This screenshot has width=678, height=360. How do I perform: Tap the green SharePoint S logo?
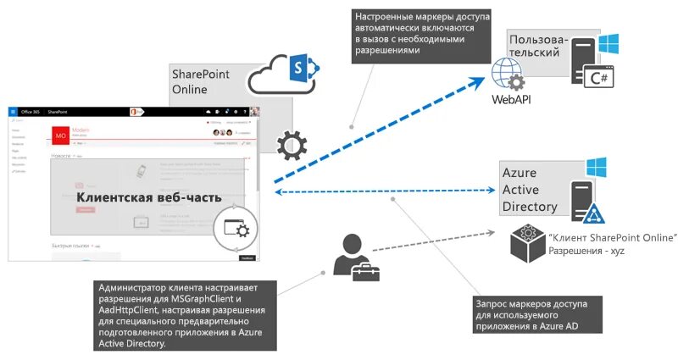click(x=301, y=67)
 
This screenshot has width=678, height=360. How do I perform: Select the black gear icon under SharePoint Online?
click(x=292, y=145)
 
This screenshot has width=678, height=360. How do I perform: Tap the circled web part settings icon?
click(x=236, y=227)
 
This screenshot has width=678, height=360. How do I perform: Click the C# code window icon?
click(x=603, y=77)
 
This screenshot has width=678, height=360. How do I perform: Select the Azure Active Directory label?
click(x=530, y=190)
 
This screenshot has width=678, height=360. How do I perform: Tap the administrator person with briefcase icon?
click(x=355, y=255)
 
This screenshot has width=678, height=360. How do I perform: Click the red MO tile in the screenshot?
click(x=60, y=135)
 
